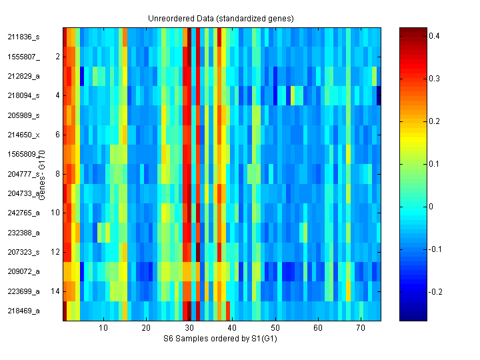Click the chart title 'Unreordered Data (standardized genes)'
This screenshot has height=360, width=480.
pos(221,18)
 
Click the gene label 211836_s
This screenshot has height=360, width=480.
pos(24,37)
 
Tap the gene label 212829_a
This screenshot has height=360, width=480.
pos(24,76)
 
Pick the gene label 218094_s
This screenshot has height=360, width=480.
pos(24,95)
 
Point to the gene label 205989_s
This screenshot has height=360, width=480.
pos(24,115)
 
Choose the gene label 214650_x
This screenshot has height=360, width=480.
pos(24,135)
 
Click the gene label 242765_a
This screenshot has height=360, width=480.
pos(24,213)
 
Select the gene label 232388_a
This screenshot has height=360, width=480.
pos(24,233)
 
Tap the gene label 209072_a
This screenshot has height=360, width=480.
pos(24,271)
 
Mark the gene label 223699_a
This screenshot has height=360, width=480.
pos(24,291)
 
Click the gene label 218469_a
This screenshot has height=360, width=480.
pos(24,311)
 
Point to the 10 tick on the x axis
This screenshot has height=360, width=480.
pos(103,329)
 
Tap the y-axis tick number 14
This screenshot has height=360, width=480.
pos(55,291)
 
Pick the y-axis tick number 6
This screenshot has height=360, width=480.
pos(57,135)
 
